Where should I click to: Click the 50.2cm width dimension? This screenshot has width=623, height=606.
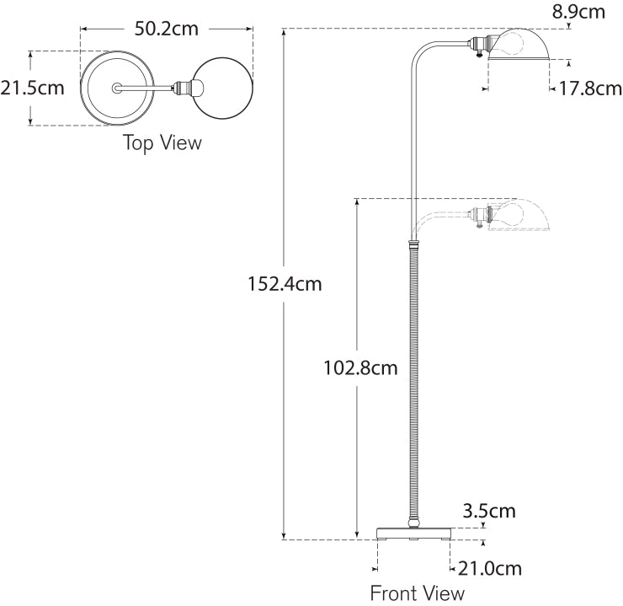[x=166, y=28]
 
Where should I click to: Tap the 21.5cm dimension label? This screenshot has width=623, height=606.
[x=33, y=88]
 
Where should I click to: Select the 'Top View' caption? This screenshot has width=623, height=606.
[x=162, y=142]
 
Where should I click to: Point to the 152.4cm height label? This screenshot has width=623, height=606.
[x=285, y=284]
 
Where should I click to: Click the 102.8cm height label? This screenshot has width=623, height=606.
[x=361, y=367]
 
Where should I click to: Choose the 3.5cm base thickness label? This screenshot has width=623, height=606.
[x=489, y=511]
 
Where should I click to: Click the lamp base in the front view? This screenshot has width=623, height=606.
[x=413, y=533]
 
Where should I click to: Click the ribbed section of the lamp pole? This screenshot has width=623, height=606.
[x=413, y=379]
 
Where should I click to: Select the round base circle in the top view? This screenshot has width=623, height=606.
[x=114, y=88]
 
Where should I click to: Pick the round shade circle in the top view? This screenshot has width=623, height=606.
[x=223, y=88]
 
